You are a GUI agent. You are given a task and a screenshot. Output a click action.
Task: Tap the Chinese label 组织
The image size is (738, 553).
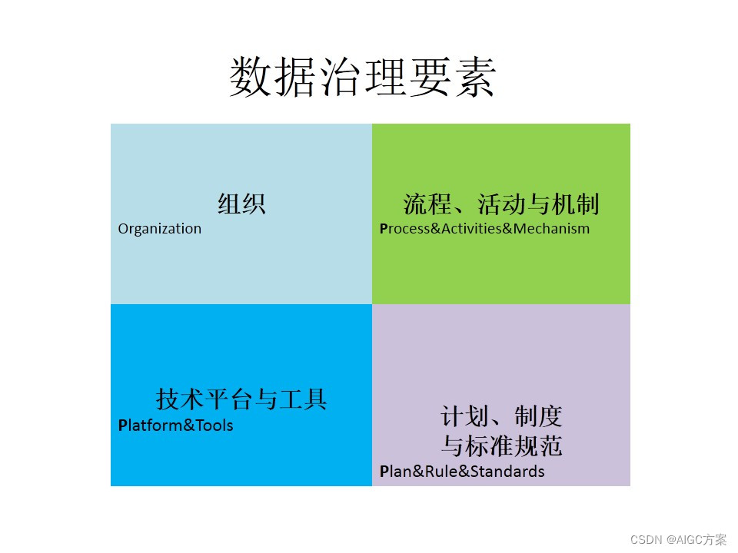tap(241, 204)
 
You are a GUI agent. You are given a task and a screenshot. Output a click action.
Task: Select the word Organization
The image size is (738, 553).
tap(160, 229)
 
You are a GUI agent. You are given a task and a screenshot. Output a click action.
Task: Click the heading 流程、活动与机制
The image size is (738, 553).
tap(501, 204)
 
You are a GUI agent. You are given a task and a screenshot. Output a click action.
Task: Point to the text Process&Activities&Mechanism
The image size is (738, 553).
tap(484, 229)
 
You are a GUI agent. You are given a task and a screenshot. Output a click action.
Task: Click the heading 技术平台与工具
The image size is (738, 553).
tap(241, 399)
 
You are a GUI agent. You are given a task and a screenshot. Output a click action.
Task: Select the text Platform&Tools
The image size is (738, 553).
tap(175, 425)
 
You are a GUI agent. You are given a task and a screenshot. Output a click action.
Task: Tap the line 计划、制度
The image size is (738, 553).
tap(501, 416)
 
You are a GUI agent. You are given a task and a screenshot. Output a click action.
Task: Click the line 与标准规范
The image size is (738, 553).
tap(501, 445)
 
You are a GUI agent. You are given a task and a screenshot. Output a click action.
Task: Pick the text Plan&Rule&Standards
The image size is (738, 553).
tap(462, 471)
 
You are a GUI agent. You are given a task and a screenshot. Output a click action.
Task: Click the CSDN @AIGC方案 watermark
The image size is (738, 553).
tap(678, 540)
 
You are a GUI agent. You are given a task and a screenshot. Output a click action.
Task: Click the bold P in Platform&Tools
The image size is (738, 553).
tap(123, 425)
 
